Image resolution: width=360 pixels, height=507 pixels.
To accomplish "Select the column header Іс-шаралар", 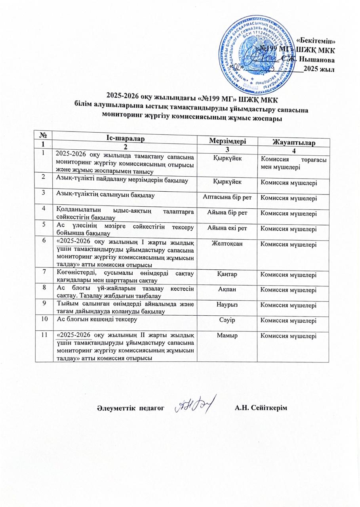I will point(124,138).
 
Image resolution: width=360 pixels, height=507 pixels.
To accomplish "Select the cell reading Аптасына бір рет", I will point(227,197).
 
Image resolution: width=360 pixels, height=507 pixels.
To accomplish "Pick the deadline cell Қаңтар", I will point(227,274).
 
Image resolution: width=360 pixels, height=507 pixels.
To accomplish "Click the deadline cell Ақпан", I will point(227,290).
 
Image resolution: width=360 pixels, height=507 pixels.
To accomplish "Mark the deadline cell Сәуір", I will point(227,319).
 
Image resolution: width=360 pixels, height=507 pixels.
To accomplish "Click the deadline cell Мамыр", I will point(227,335).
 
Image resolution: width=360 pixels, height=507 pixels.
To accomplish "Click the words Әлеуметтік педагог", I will point(130,408).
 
